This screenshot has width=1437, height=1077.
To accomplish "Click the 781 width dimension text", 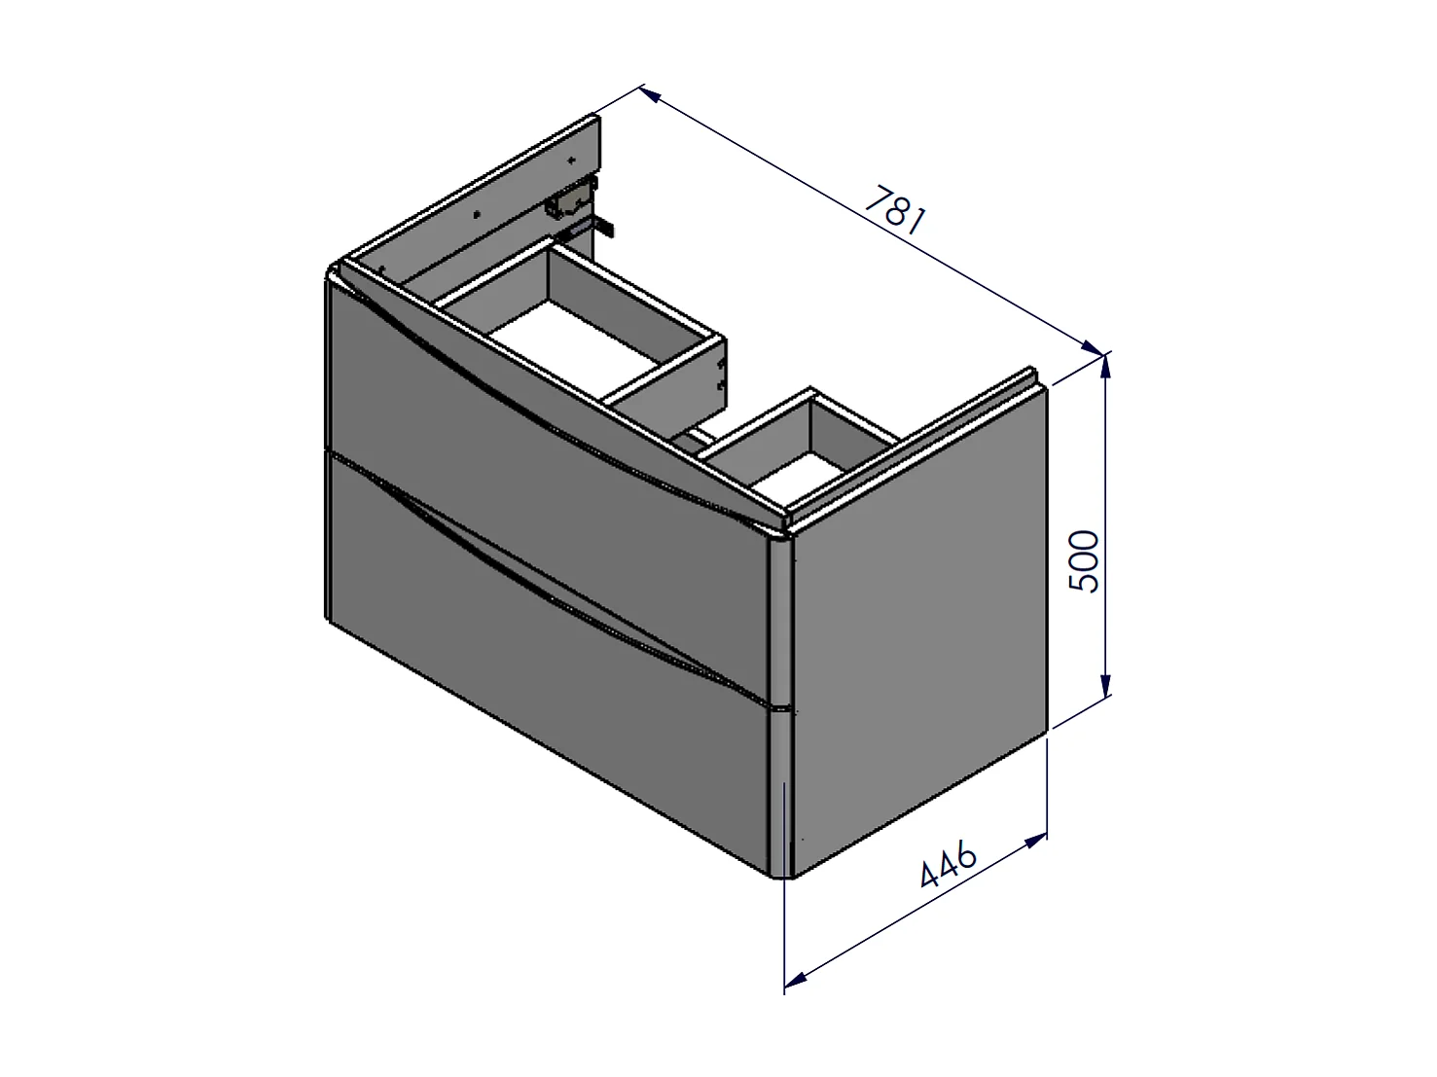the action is coord(895,210).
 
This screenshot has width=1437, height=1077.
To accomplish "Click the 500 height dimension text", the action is coord(1084,561).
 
